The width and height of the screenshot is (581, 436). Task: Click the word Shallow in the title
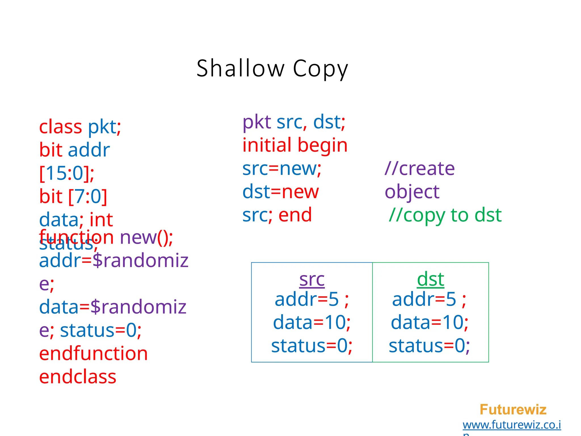pos(240,68)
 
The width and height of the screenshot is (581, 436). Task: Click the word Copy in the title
pos(320,69)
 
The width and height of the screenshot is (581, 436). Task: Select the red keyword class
pos(60,127)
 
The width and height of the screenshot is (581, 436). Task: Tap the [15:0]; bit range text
pos(67,173)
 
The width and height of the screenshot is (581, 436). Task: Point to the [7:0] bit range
pos(88,196)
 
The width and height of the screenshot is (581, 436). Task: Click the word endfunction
pos(93,353)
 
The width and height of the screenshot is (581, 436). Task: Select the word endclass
pos(78,377)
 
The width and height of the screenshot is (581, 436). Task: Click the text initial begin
pos(295,145)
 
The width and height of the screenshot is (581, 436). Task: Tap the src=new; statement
pos(282,169)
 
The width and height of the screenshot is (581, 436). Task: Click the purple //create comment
pos(420,169)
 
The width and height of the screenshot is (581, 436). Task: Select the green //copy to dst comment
pos(445,215)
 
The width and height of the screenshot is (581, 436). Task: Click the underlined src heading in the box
pos(312,279)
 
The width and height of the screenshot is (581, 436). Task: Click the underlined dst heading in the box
pos(430,279)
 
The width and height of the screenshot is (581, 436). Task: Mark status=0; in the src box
pos(311,346)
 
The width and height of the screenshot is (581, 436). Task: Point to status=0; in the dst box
pos(429,346)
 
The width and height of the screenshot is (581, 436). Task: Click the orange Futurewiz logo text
pos(513,409)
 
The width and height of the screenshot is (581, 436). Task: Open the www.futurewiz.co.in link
pos(511,425)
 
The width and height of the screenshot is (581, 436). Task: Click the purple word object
pos(412,192)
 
